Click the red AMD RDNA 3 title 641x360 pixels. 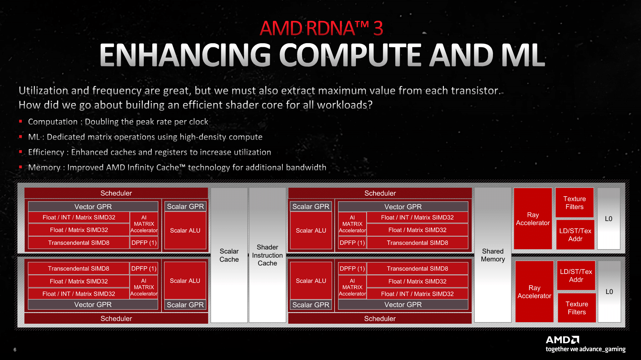(321, 28)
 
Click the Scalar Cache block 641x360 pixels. (229, 255)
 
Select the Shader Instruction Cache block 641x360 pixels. (267, 255)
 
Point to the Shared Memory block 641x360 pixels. (493, 255)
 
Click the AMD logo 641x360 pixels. (562, 340)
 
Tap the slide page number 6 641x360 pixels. (15, 350)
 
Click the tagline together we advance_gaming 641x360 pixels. (586, 349)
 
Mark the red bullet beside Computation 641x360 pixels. (20, 121)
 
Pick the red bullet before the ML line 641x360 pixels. (20, 136)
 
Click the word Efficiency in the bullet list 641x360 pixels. (46, 152)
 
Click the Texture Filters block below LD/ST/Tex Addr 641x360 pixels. (577, 308)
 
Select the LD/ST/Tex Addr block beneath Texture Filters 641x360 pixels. (575, 235)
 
